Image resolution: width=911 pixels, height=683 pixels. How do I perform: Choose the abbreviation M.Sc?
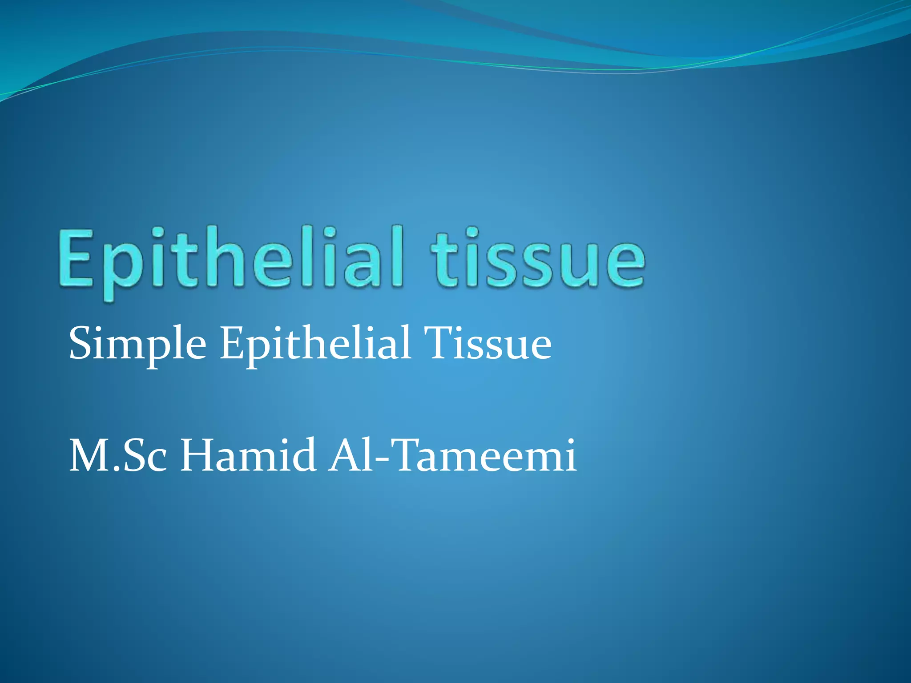pyautogui.click(x=118, y=455)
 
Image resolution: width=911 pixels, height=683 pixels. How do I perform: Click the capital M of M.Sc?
pyautogui.click(x=89, y=455)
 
